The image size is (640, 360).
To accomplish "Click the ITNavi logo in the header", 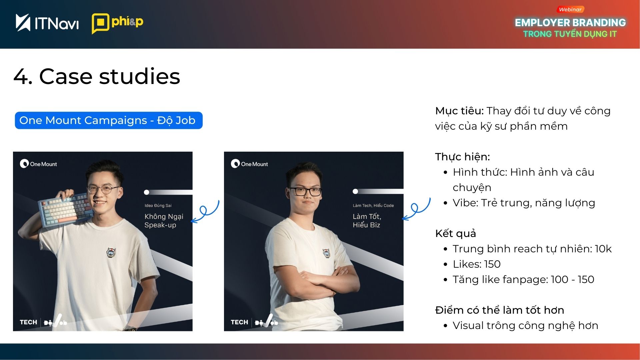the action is pyautogui.click(x=47, y=23).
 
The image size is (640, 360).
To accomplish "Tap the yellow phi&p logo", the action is pyautogui.click(x=117, y=23).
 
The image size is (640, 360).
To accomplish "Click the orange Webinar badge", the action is pyautogui.click(x=570, y=10).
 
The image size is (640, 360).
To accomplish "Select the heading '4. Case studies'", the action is pyautogui.click(x=97, y=76).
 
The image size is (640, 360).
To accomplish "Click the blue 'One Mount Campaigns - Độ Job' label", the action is pyautogui.click(x=109, y=120).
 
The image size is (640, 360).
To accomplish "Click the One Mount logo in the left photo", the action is pyautogui.click(x=38, y=164).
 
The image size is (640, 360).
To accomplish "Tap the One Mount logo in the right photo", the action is pyautogui.click(x=249, y=164).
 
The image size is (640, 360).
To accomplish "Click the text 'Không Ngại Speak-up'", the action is pyautogui.click(x=164, y=221).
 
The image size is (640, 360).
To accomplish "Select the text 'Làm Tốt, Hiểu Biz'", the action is pyautogui.click(x=367, y=221).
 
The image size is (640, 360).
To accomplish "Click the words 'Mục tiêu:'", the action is pyautogui.click(x=459, y=111).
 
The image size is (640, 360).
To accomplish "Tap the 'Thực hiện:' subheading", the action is pyautogui.click(x=462, y=157).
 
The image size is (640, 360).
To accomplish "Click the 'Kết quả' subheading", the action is pyautogui.click(x=455, y=233).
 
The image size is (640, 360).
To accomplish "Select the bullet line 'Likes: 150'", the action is pyautogui.click(x=477, y=264).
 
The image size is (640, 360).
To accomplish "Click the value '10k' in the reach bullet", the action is pyautogui.click(x=603, y=249).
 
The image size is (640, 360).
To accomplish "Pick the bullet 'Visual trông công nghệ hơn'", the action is pyautogui.click(x=525, y=325).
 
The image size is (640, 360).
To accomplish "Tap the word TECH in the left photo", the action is pyautogui.click(x=28, y=322).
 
